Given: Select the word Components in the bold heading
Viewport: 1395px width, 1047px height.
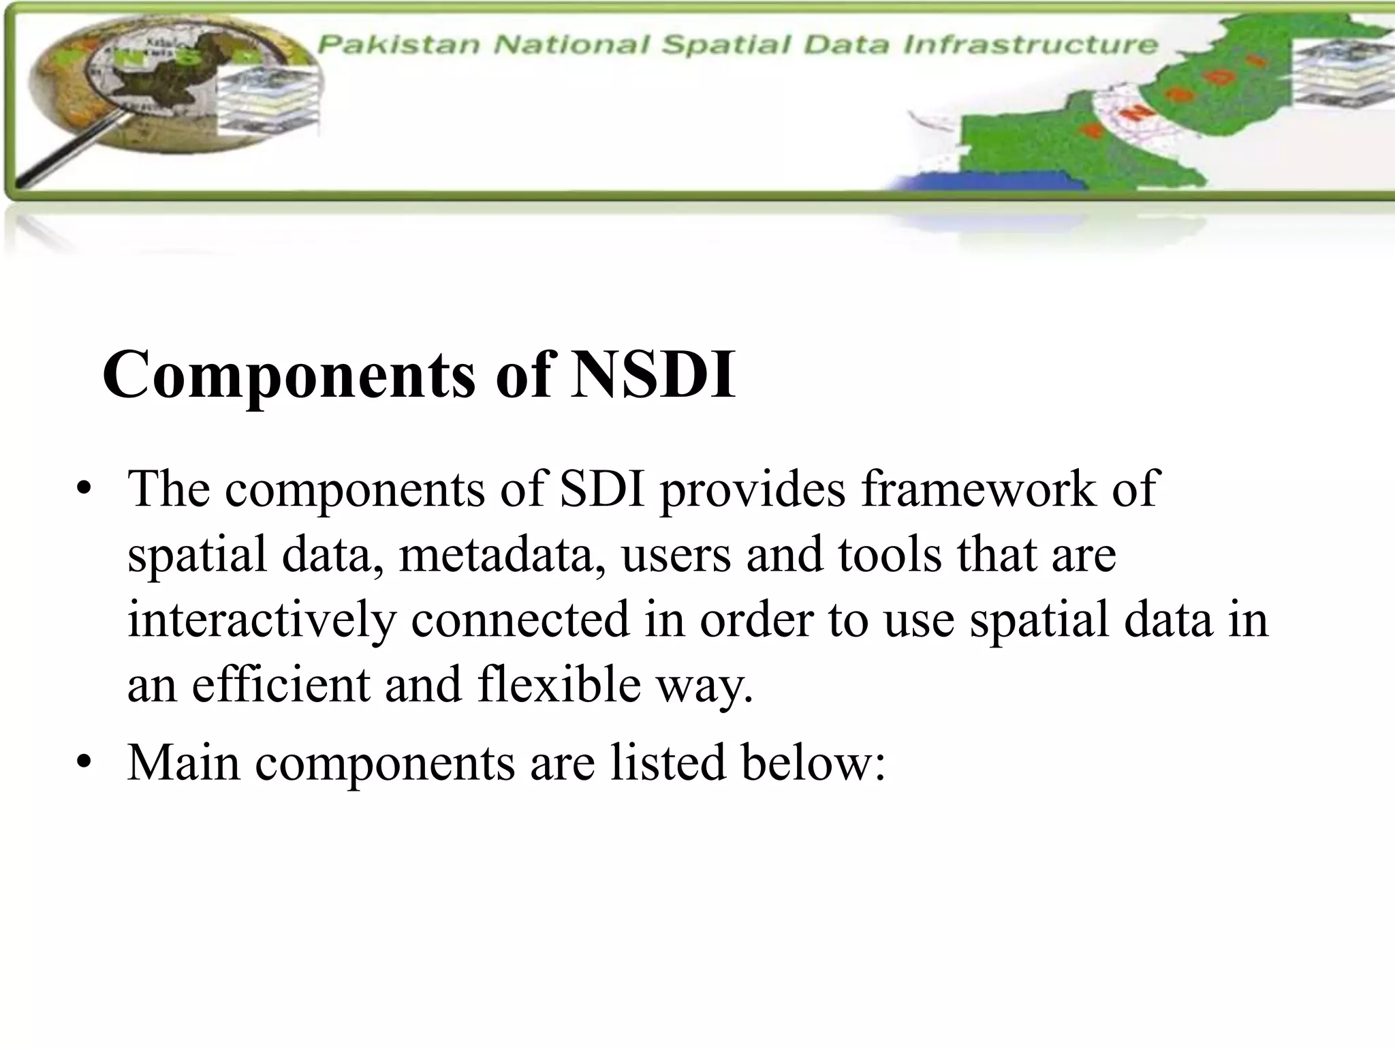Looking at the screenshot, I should coord(289,375).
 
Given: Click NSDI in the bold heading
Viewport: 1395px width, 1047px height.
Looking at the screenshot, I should coord(653,375).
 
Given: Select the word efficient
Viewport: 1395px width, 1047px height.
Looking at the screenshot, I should coord(281,684).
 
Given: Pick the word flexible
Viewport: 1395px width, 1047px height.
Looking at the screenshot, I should coord(559,684).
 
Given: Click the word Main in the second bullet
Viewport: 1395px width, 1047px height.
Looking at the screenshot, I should coord(184,762).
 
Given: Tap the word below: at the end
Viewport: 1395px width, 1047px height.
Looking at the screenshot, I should coord(814,762).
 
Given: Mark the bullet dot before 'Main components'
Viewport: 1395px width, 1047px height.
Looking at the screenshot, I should coord(84,763).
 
